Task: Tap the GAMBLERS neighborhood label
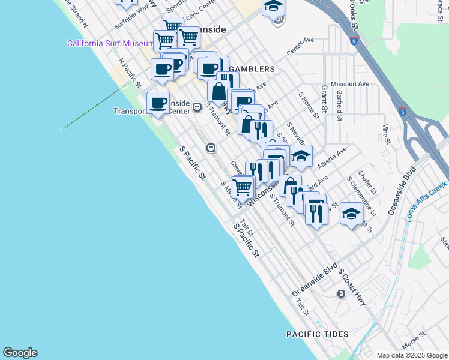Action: [x=252, y=69]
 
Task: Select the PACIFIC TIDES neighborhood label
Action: [x=317, y=334]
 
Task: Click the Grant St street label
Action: [x=324, y=99]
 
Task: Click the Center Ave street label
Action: [x=300, y=48]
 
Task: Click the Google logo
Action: [x=20, y=353]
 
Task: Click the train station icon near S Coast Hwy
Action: [x=340, y=293]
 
